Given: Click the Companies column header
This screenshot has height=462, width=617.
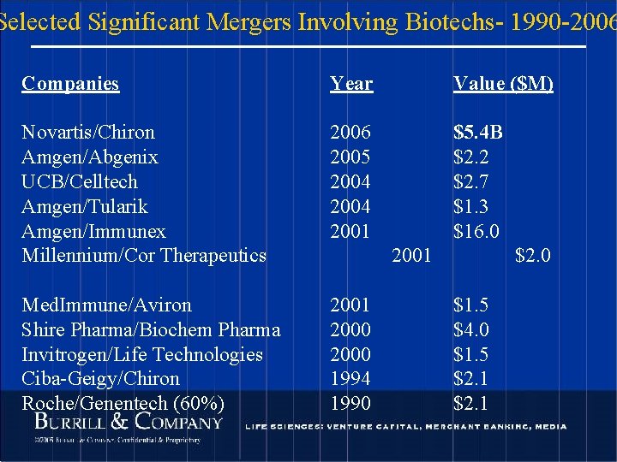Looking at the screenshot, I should click(x=70, y=83).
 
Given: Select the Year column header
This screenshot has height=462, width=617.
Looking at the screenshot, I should click(x=351, y=83).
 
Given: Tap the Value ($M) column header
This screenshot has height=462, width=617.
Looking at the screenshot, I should click(x=503, y=83).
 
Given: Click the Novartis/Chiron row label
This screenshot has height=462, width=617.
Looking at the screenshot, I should click(x=88, y=133).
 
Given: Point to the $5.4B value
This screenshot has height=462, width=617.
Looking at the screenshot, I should click(x=478, y=133).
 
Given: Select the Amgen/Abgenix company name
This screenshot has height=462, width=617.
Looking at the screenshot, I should click(x=90, y=157).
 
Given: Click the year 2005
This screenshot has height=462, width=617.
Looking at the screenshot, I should click(x=350, y=157).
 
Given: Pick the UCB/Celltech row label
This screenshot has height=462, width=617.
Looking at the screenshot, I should click(x=80, y=182).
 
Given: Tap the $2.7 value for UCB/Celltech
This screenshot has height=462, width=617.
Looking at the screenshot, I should click(x=470, y=182).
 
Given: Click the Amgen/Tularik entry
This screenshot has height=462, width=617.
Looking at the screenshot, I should click(x=85, y=207).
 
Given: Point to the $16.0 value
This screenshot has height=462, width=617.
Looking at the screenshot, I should click(x=476, y=232).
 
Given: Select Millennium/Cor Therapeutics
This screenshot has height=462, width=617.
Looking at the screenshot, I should click(x=144, y=256).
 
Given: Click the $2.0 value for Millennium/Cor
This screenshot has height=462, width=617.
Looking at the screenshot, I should click(x=532, y=256).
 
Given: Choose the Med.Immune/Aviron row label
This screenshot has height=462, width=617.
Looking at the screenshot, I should click(x=106, y=305).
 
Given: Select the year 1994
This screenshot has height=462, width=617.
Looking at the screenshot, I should click(x=350, y=379).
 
